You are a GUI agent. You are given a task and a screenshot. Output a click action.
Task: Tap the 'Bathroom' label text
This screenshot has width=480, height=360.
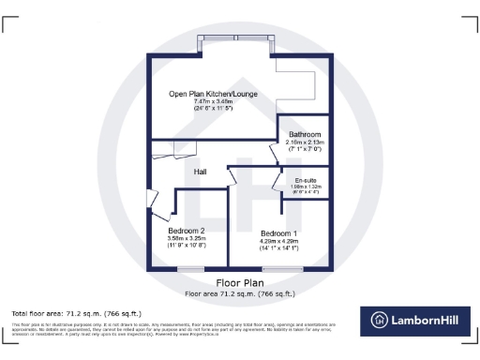(304, 134)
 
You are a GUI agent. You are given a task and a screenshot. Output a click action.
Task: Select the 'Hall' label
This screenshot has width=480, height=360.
(201, 172)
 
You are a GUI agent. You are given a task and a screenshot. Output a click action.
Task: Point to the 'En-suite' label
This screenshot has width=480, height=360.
(305, 179)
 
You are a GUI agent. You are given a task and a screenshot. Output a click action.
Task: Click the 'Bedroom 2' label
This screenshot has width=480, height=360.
(187, 231)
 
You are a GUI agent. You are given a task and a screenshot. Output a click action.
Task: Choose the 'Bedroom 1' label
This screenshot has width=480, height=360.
(278, 232)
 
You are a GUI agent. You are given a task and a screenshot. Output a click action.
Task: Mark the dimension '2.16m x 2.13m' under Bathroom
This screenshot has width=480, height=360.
(304, 142)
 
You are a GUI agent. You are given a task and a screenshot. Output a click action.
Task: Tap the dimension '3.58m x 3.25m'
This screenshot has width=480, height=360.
(187, 239)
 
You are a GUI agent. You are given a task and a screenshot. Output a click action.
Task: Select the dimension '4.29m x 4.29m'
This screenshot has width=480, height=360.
(278, 240)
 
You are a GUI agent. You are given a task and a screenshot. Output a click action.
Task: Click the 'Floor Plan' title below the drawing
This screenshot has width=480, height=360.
(239, 282)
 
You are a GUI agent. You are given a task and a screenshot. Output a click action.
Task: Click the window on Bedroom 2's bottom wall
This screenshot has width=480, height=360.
(191, 269)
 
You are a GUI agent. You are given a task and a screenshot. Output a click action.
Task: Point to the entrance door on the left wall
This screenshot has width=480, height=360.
(150, 199)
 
